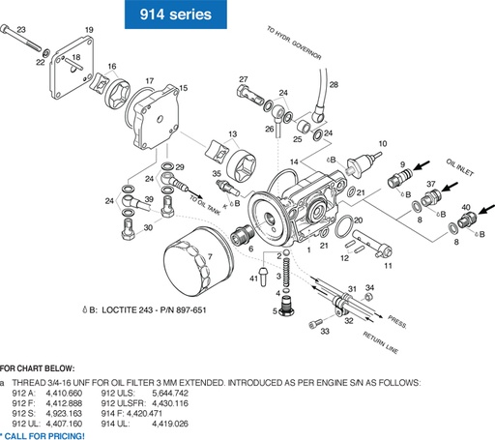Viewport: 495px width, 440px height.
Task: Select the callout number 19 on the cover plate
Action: tap(89, 31)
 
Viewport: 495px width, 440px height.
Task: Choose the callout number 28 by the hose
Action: tap(334, 85)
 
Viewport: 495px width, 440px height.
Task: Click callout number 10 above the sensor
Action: tap(383, 143)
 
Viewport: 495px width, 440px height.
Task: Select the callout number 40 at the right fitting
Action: tap(466, 207)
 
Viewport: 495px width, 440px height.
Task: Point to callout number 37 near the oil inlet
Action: tap(431, 184)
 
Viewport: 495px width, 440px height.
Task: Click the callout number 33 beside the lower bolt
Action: tap(325, 331)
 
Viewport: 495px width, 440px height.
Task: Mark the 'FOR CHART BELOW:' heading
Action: tap(30, 367)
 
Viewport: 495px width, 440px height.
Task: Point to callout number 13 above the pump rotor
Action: tap(231, 134)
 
